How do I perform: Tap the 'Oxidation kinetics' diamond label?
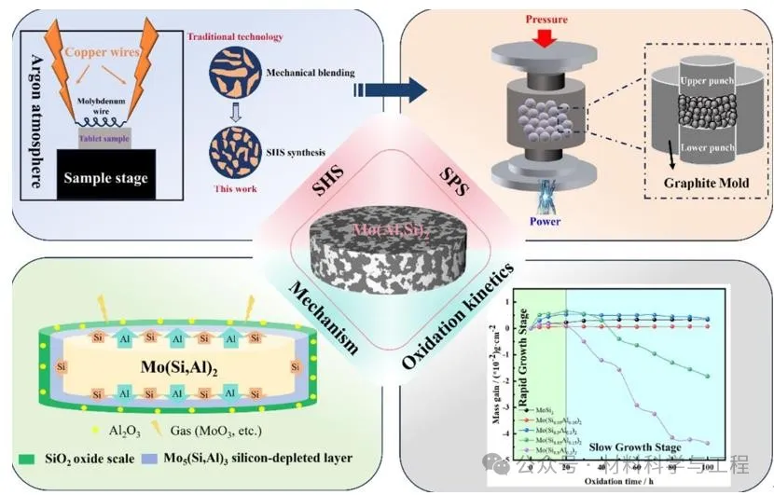(459, 312)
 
